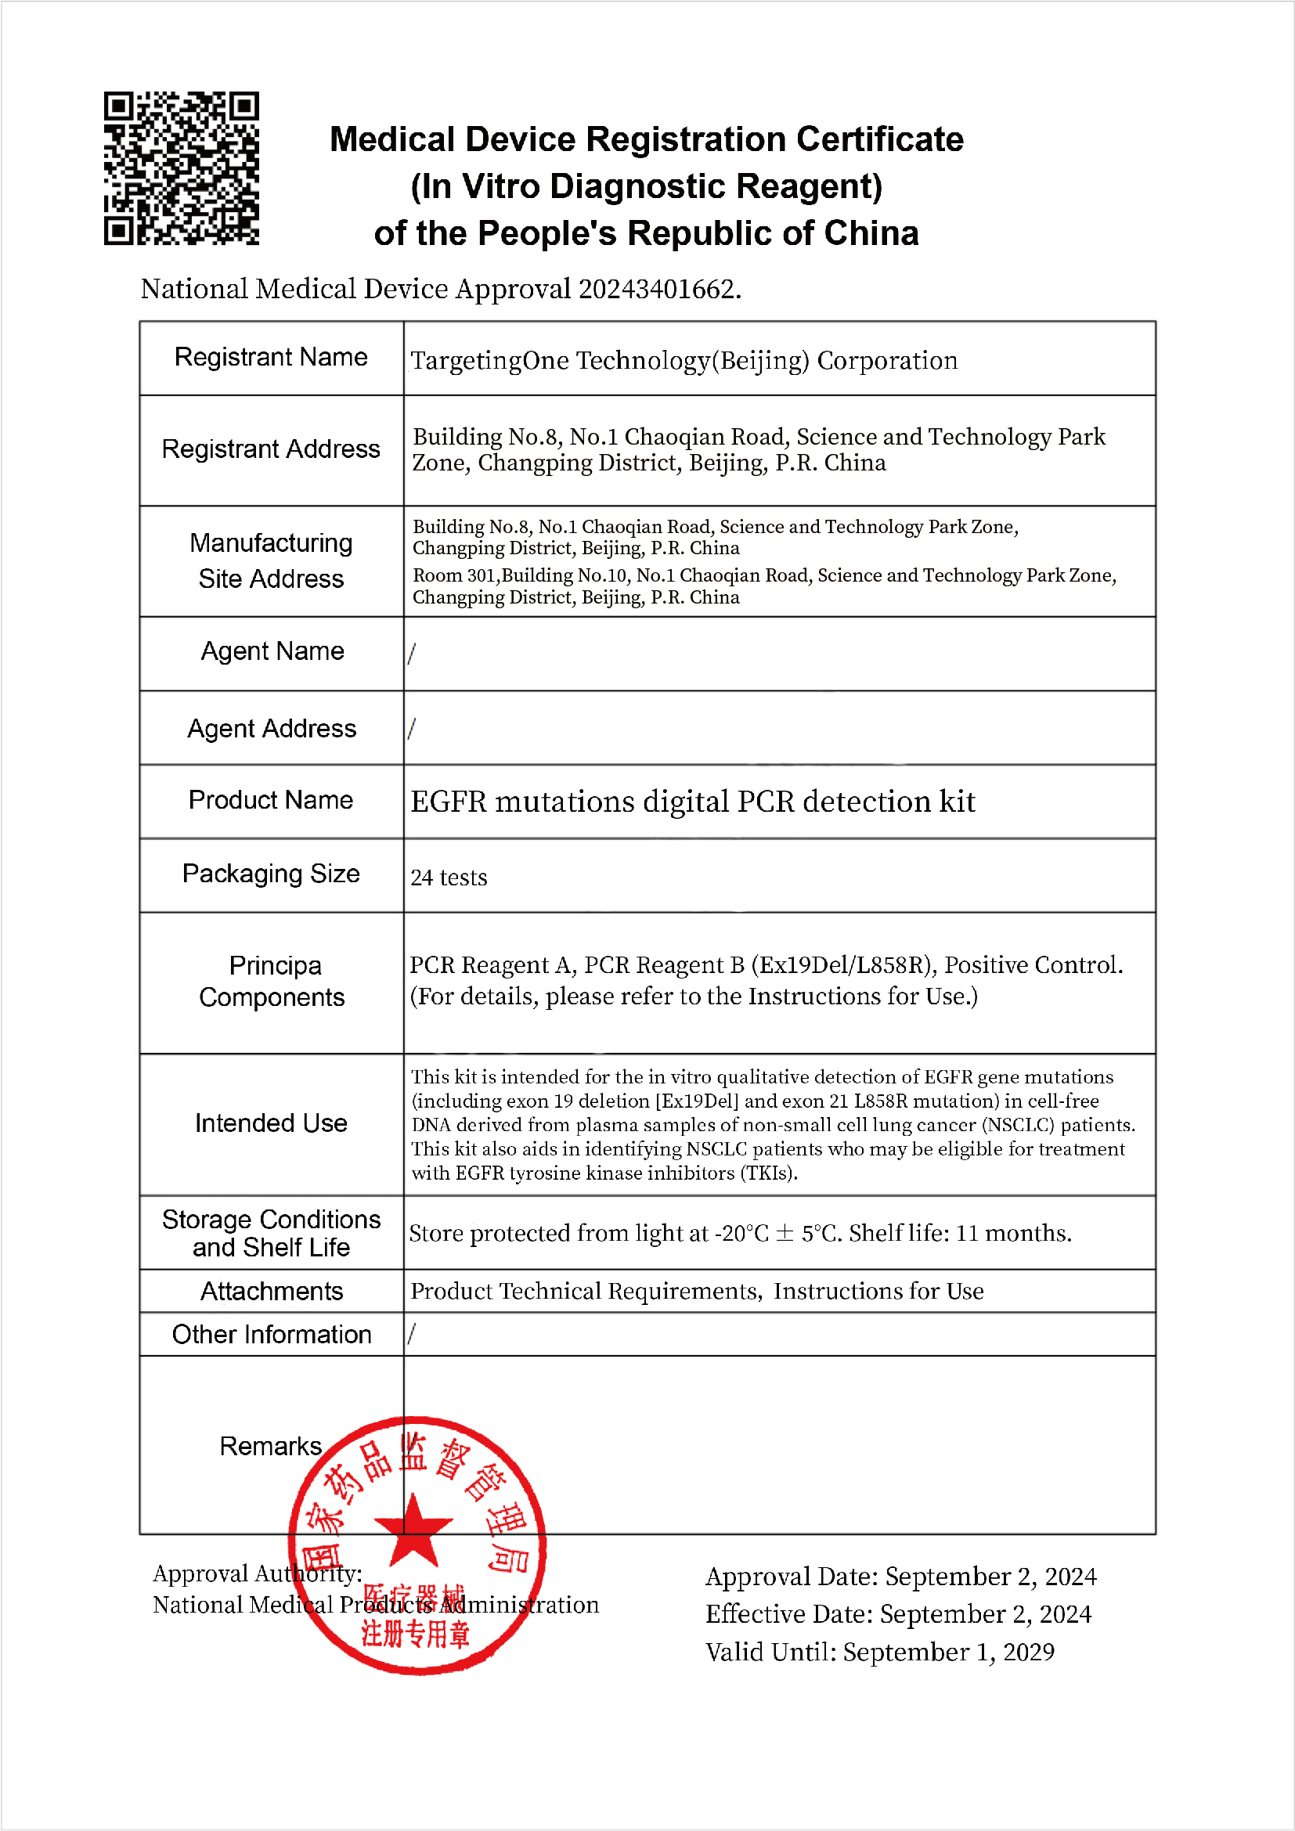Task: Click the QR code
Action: [x=181, y=168]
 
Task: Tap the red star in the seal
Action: [x=413, y=1532]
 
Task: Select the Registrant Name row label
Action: [x=271, y=357]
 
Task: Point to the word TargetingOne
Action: [x=489, y=361]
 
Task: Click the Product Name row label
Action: [x=271, y=800]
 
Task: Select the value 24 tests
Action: [x=448, y=878]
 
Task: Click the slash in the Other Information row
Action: [x=412, y=1333]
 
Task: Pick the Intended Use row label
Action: [x=271, y=1123]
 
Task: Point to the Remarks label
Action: [x=270, y=1447]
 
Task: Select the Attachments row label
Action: [x=271, y=1291]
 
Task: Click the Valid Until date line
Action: [x=879, y=1653]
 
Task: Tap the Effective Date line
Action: [x=898, y=1614]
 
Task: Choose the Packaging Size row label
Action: [x=271, y=874]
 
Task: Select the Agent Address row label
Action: [x=271, y=729]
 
